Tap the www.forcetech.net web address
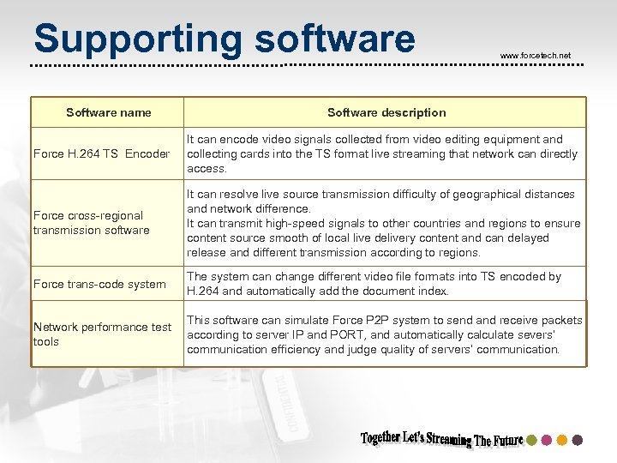535,56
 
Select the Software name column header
109,112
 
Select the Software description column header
386,112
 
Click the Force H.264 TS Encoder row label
101,154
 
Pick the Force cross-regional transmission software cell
91,223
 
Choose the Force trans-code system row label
99,284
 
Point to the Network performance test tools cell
102,334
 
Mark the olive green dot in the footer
531,440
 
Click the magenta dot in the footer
547,440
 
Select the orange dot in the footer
562,440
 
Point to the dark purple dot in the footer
577,440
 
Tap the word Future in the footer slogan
508,441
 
